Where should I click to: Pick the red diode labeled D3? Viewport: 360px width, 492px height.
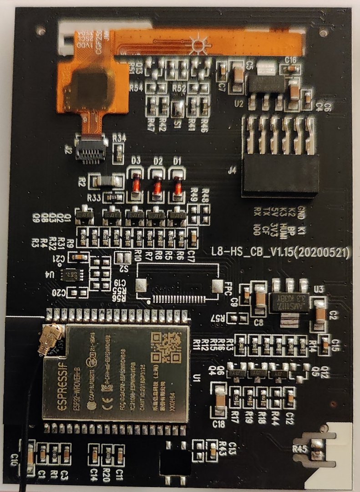click(135, 186)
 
